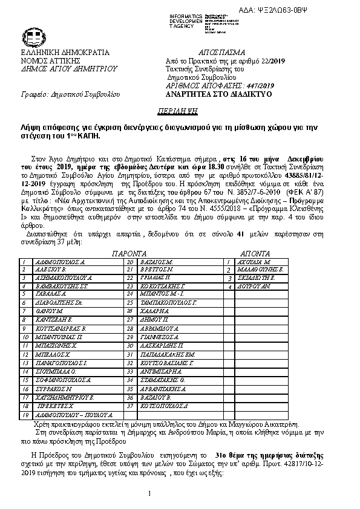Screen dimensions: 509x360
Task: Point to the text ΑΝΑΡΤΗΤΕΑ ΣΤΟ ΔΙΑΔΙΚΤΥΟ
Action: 218,95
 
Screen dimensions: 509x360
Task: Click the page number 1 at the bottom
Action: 149,493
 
